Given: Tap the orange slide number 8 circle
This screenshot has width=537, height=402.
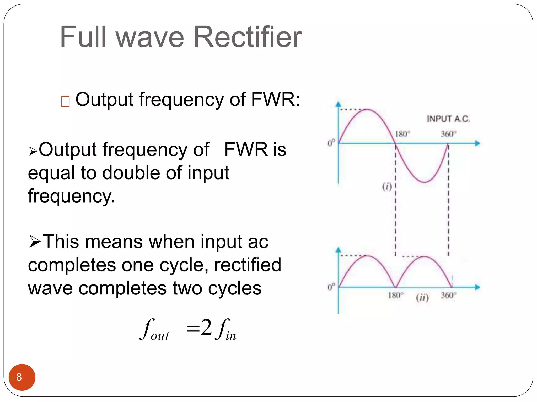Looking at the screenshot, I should pyautogui.click(x=22, y=377).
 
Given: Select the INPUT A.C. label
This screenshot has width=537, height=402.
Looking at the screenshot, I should pyautogui.click(x=448, y=119).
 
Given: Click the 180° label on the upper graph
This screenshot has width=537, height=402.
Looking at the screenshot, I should pyautogui.click(x=402, y=134).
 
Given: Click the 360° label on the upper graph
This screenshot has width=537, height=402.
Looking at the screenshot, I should pyautogui.click(x=448, y=134).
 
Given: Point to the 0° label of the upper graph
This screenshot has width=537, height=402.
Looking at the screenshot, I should pyautogui.click(x=331, y=143).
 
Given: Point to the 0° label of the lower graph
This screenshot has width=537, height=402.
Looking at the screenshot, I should pyautogui.click(x=331, y=287).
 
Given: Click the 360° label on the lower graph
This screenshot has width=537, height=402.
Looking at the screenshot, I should pyautogui.click(x=448, y=296).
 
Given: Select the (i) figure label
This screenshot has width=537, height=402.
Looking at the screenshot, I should pyautogui.click(x=387, y=187).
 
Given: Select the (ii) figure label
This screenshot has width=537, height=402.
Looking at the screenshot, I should pyautogui.click(x=422, y=298).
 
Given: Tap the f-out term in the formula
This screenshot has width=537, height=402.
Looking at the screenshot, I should pyautogui.click(x=154, y=330).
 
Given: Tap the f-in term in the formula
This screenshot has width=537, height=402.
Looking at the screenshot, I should pyautogui.click(x=225, y=330).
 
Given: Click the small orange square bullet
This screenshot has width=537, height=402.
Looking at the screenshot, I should pyautogui.click(x=65, y=102).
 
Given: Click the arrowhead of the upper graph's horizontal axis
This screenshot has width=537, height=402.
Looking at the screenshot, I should pyautogui.click(x=477, y=143).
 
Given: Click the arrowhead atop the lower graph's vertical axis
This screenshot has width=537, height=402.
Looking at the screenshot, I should pyautogui.click(x=339, y=250).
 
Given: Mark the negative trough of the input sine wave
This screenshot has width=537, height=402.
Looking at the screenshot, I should pyautogui.click(x=424, y=182).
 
